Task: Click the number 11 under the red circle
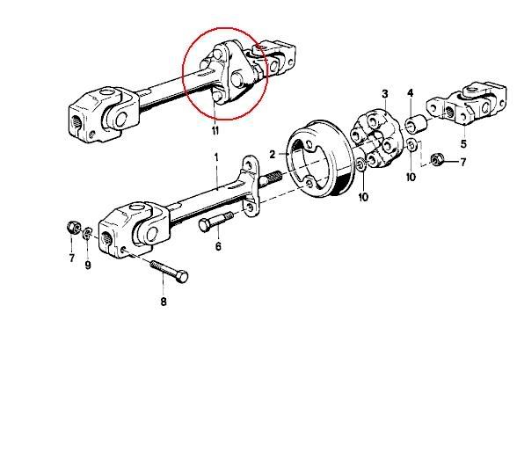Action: (215, 131)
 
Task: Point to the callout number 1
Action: (216, 157)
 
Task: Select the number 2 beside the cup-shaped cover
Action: (272, 155)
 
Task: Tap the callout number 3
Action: (385, 94)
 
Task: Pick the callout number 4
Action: (410, 92)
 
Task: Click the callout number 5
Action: (463, 144)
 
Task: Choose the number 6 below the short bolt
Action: (218, 246)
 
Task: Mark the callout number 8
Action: (164, 302)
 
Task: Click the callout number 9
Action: (88, 266)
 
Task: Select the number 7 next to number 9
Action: (72, 258)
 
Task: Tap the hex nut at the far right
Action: (436, 160)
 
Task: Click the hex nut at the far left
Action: (74, 227)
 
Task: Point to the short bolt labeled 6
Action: (216, 221)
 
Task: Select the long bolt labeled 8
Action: (169, 270)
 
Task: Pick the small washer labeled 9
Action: (87, 233)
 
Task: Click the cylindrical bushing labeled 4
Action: (416, 124)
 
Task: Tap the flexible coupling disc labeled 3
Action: (378, 140)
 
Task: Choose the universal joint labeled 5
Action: (466, 105)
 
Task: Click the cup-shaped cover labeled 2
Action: (320, 159)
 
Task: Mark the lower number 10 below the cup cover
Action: (363, 197)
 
